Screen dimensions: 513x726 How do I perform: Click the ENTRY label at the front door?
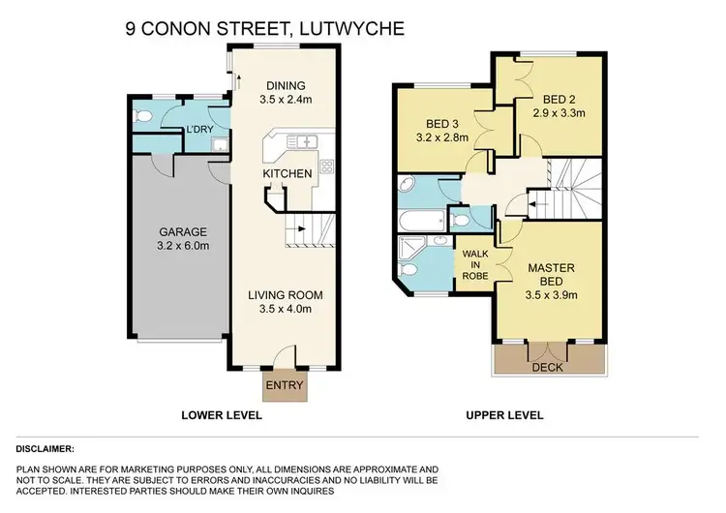pyautogui.click(x=284, y=386)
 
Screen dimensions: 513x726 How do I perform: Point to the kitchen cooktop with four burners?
pyautogui.click(x=326, y=166)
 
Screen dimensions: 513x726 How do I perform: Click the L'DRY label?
pyautogui.click(x=200, y=130)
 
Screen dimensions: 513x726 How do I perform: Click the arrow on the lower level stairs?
pyautogui.click(x=303, y=230)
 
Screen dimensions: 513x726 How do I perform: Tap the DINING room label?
pyautogui.click(x=286, y=84)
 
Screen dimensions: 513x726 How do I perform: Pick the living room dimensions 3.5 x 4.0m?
pyautogui.click(x=284, y=311)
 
